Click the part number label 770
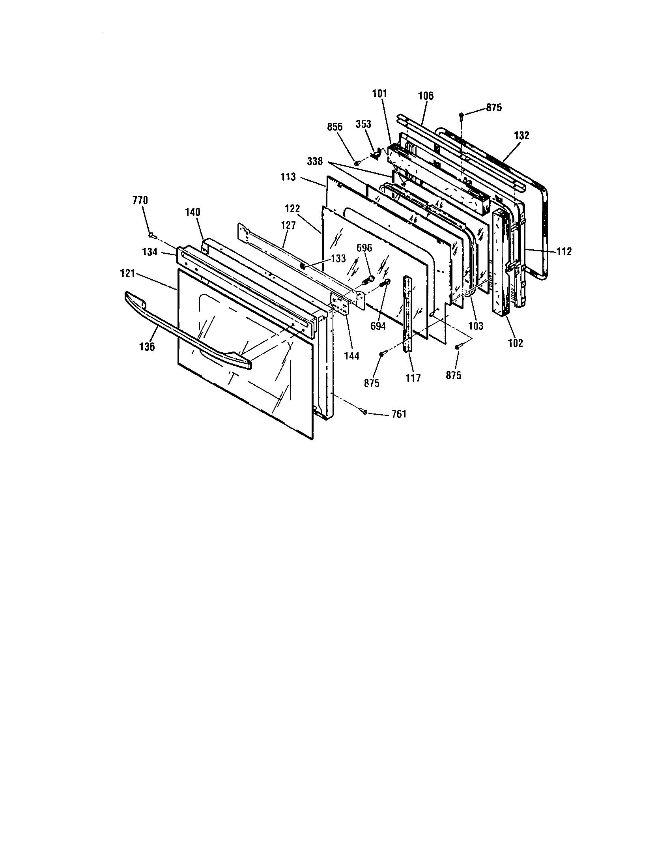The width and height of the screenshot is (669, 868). click(140, 200)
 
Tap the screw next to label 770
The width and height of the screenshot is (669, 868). click(151, 236)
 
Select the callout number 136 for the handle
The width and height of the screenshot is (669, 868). click(147, 346)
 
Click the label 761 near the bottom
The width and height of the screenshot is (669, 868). click(399, 415)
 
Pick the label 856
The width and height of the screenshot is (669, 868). click(335, 127)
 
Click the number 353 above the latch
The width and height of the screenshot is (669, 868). click(363, 124)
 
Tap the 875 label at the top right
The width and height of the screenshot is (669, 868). click(494, 108)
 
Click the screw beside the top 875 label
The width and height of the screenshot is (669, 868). click(461, 116)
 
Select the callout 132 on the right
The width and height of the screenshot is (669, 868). click(521, 135)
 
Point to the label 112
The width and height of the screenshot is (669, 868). click(564, 251)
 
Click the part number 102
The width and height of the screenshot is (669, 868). click(516, 343)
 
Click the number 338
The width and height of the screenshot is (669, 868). click(315, 162)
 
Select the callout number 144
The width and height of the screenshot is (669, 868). click(351, 356)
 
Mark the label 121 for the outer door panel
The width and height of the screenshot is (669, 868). click(127, 273)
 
